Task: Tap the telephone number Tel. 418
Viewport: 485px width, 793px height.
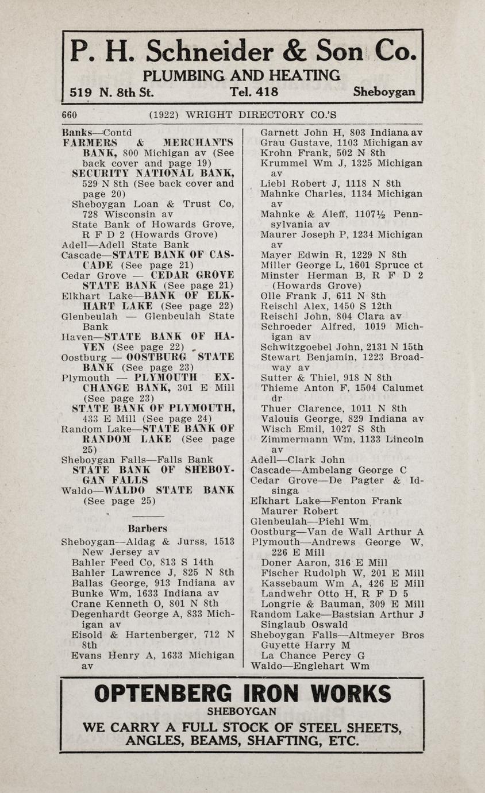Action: [x=253, y=92]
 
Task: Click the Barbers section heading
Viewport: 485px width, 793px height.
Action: [x=147, y=528]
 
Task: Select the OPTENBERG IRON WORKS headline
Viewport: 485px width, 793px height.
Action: [x=242, y=694]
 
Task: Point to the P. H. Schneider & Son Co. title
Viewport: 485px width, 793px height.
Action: [x=242, y=52]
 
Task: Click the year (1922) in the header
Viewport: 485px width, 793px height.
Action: [x=163, y=114]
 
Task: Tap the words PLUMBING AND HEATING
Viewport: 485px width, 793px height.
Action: [x=241, y=75]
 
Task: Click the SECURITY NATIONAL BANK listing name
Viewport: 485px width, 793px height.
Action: [x=152, y=173]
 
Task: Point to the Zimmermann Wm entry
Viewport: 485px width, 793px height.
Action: [x=341, y=440]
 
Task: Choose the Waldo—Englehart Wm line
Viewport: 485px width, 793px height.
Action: [x=310, y=667]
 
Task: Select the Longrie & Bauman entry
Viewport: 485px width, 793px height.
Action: [x=342, y=604]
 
